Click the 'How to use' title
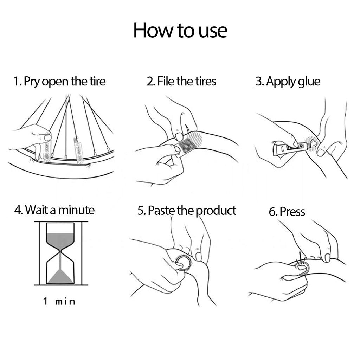[180, 30]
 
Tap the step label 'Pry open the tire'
[65, 81]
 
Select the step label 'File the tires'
[186, 81]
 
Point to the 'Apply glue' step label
[293, 82]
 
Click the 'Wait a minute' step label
[60, 210]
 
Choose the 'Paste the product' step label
[192, 211]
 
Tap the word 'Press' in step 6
[292, 211]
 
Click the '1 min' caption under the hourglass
[59, 301]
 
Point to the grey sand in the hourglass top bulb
[60, 240]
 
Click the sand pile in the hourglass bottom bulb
[60, 277]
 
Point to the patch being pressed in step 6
[302, 268]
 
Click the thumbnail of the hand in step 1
[48, 138]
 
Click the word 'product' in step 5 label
[216, 211]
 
